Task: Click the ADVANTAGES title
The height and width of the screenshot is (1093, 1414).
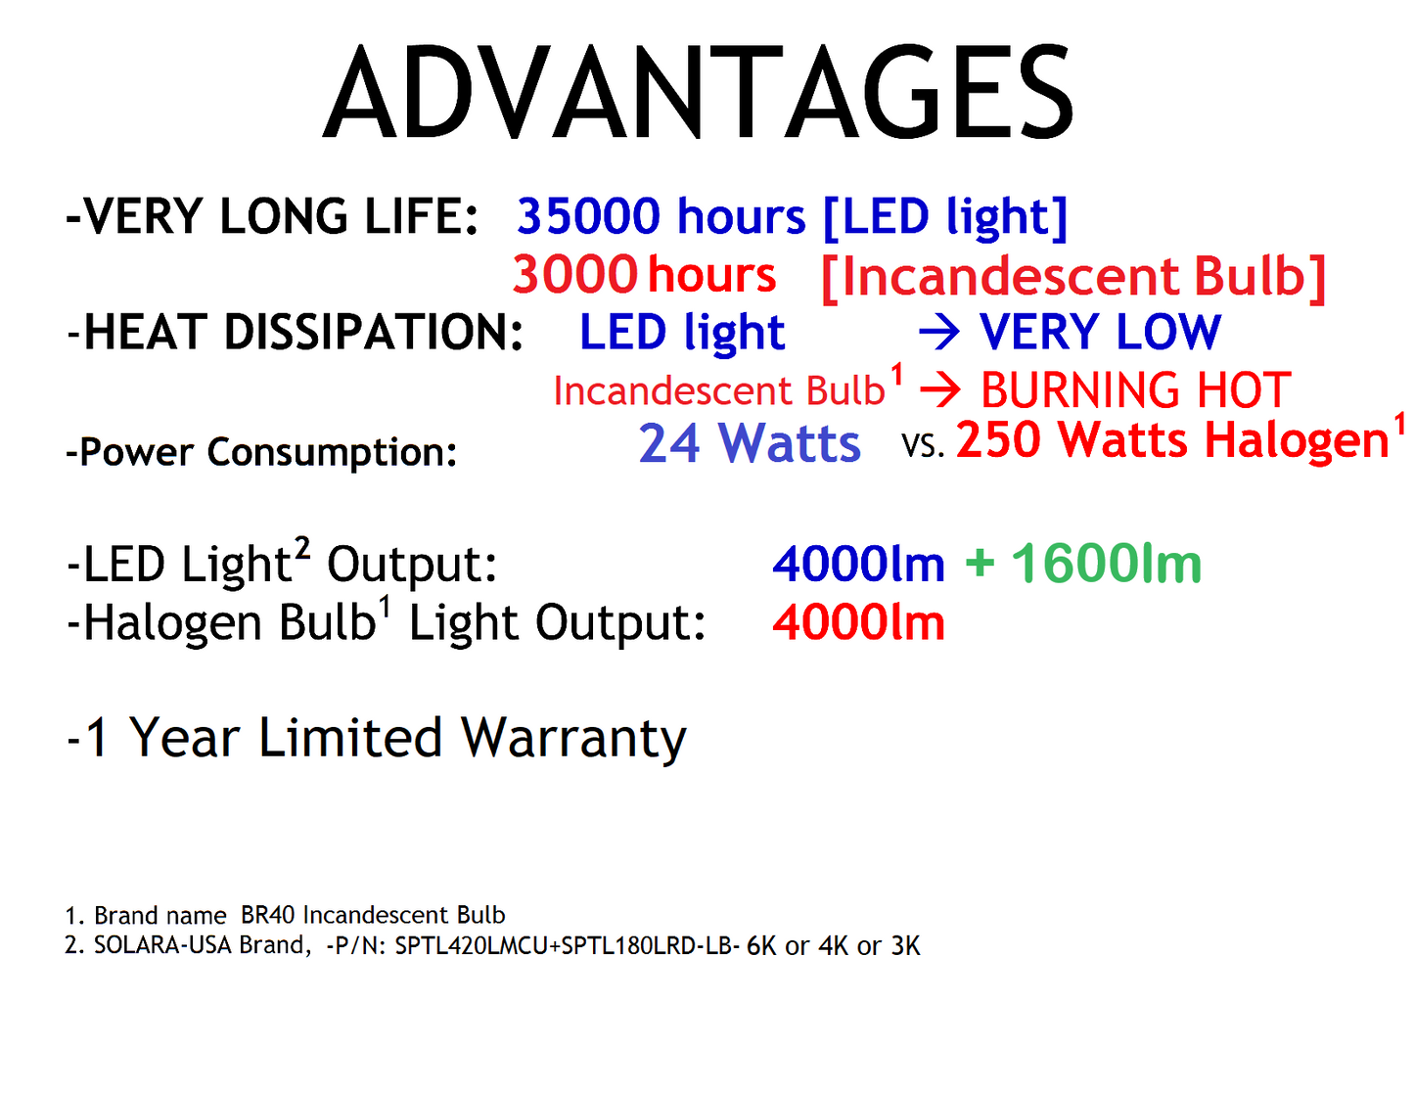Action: coord(699,94)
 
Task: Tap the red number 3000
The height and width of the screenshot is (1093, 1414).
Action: coord(574,275)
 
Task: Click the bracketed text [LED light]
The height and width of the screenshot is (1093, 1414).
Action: coord(944,217)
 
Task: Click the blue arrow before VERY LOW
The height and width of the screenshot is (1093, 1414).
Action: coord(939,334)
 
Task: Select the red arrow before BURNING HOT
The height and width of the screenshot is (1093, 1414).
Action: coord(940,391)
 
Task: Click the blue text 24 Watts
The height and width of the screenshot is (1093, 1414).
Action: coord(750,443)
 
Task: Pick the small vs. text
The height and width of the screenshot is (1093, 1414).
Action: coord(923,447)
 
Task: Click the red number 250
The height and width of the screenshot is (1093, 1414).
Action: coord(998,439)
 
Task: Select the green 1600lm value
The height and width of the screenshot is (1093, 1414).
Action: coord(1106,565)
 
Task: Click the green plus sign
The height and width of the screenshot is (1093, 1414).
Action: coord(980,564)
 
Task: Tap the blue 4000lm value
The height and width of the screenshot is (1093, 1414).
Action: coord(858,565)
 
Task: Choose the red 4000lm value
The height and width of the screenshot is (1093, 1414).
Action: coord(858,623)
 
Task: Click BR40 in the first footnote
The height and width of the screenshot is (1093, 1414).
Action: coord(268,915)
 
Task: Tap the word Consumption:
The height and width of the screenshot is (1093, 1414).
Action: coord(333,453)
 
